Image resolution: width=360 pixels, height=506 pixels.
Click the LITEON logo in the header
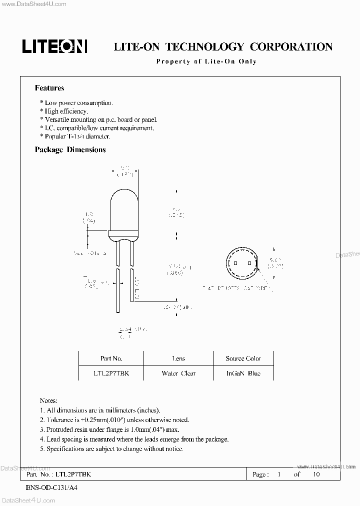pyautogui.click(x=54, y=47)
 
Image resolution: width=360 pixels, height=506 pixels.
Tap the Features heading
pyautogui.click(x=49, y=88)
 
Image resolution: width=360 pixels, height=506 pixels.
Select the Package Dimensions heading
pyautogui.click(x=70, y=149)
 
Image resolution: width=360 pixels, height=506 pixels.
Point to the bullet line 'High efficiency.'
pyautogui.click(x=66, y=111)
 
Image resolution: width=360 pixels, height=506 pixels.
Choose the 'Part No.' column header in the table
pyautogui.click(x=111, y=358)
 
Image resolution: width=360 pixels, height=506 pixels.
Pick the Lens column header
pyautogui.click(x=178, y=358)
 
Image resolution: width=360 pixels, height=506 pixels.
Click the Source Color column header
pyautogui.click(x=243, y=358)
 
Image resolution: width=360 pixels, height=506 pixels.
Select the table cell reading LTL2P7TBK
pyautogui.click(x=111, y=373)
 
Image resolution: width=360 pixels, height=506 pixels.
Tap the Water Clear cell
pyautogui.click(x=178, y=373)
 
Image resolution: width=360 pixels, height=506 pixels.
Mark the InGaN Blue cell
pyautogui.click(x=243, y=373)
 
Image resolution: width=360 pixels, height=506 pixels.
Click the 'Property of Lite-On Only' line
pyautogui.click(x=206, y=61)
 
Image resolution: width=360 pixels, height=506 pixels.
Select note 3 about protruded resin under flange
pyautogui.click(x=109, y=429)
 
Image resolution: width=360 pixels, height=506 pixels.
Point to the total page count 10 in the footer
pyautogui.click(x=316, y=474)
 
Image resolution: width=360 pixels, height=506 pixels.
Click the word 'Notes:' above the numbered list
pyautogui.click(x=48, y=401)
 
